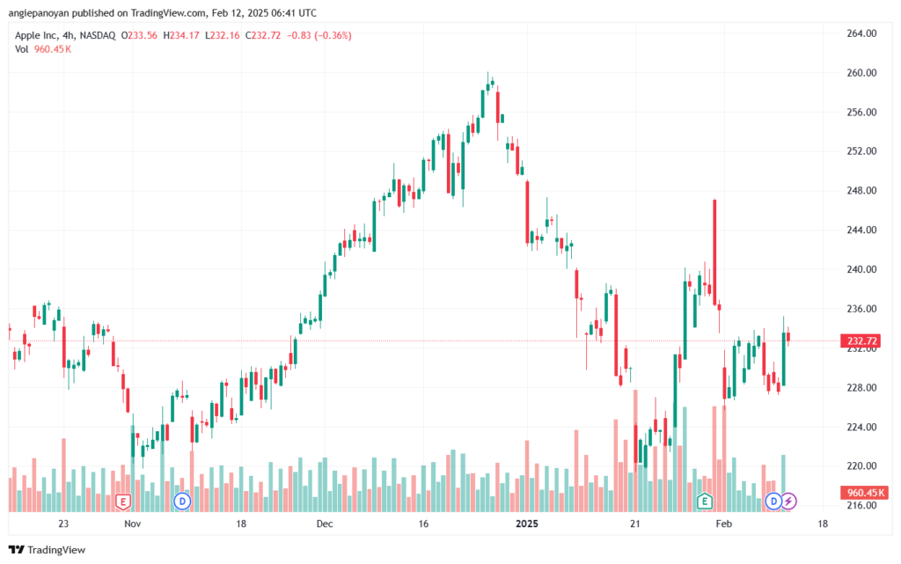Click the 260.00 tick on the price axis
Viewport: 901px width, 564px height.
(861, 73)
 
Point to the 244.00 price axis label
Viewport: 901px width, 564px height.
(861, 230)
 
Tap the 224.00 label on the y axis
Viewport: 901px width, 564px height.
(861, 427)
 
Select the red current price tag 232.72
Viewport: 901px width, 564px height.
(862, 341)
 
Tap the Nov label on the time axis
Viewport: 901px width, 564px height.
(132, 524)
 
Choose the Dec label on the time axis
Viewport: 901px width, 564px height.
(325, 524)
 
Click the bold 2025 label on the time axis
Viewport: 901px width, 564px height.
(527, 524)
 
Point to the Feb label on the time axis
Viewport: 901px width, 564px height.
(723, 524)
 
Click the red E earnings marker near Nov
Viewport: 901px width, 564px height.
(122, 502)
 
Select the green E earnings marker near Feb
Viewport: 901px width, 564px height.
(705, 502)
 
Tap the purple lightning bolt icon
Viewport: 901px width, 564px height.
(788, 502)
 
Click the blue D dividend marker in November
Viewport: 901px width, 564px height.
(182, 502)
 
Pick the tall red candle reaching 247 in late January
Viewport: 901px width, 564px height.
(714, 253)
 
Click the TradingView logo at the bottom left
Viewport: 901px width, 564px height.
(48, 550)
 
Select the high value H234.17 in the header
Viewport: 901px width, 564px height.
(181, 35)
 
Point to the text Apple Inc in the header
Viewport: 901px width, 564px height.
(36, 35)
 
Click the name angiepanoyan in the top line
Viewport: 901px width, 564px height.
(39, 12)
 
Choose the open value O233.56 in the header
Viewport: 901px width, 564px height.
(139, 35)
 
